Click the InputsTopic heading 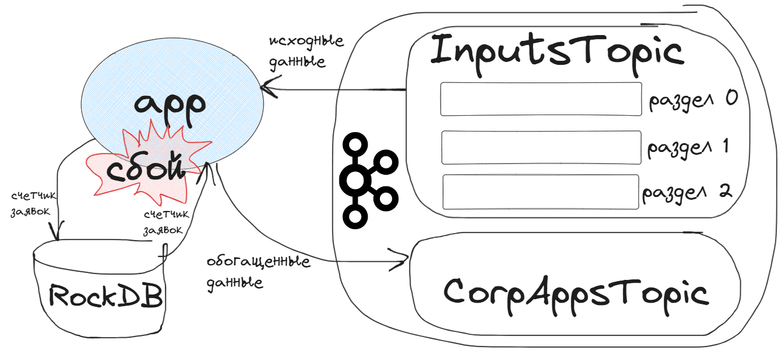coord(556,52)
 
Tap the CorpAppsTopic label coord(576,292)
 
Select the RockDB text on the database coord(105,295)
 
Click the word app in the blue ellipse coord(169,103)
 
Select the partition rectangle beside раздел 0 coord(541,99)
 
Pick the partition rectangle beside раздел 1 coord(541,147)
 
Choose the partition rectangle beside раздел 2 coord(540,192)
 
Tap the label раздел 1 coord(688,147)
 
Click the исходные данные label coord(306,51)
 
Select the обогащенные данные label coord(257,271)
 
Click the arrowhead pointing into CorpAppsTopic coord(404,257)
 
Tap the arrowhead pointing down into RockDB coord(57,236)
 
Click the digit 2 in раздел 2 coord(725,191)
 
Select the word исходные coord(306,42)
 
